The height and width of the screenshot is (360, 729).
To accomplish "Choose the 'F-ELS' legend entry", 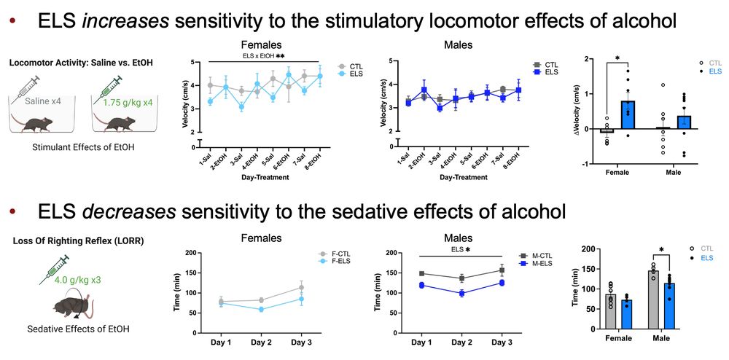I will pyautogui.click(x=339, y=262).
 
